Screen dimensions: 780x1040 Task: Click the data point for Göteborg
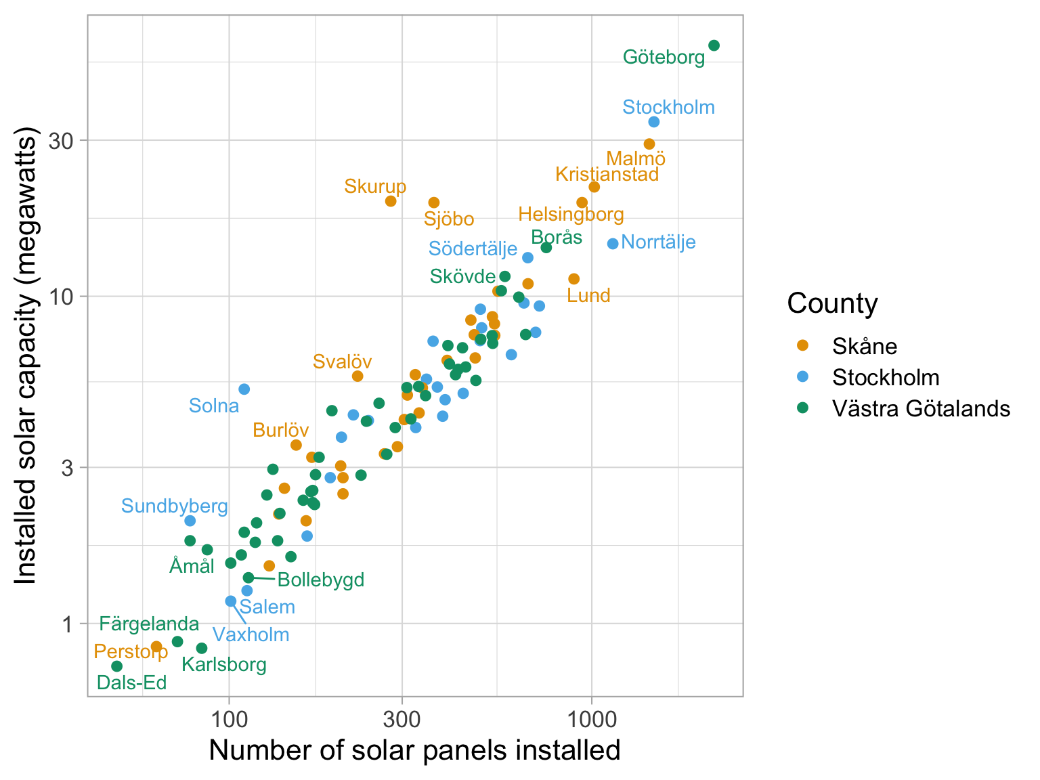coord(714,45)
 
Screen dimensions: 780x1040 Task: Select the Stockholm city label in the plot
coord(668,107)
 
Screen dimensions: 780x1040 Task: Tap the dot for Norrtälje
coord(613,244)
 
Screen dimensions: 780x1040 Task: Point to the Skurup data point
coord(391,201)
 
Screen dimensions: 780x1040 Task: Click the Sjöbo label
coord(449,219)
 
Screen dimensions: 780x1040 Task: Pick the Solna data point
coord(244,389)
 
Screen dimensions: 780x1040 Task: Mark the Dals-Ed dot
coord(116,666)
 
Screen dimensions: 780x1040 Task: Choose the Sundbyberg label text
coord(174,506)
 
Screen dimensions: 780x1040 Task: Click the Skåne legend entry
coord(865,346)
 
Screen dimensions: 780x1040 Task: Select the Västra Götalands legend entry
coord(921,408)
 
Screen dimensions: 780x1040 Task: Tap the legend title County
coord(832,303)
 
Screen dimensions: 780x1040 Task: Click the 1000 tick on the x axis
coord(592,716)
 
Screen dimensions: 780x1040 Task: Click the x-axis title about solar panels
coord(414,750)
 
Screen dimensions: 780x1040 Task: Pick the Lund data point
coord(574,279)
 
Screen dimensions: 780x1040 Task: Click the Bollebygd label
coord(321,580)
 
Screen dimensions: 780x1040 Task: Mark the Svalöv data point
coord(357,376)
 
